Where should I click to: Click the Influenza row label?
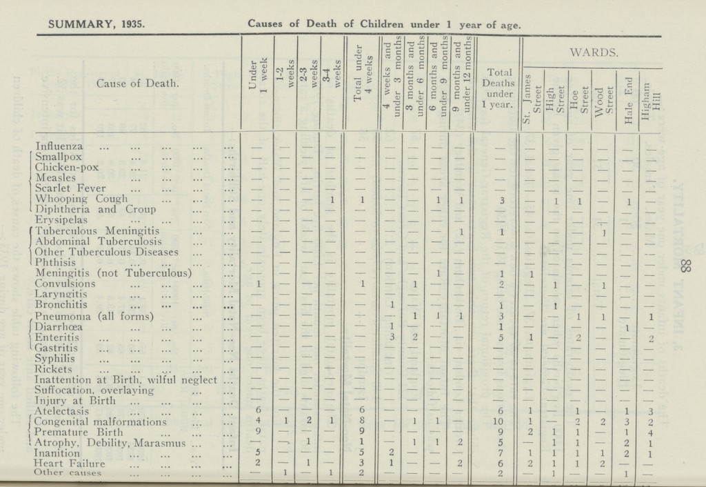point(61,146)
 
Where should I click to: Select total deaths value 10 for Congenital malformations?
point(501,421)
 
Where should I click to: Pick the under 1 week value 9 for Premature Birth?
point(257,433)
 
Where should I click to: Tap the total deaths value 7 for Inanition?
point(501,454)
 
